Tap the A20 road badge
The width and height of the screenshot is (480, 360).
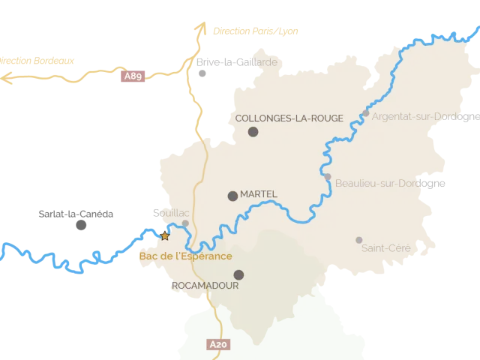point(217,345)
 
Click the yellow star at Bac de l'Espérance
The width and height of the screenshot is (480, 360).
point(165,235)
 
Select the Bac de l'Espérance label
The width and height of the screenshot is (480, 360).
point(185,256)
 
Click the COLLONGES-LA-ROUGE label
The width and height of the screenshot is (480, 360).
point(289,118)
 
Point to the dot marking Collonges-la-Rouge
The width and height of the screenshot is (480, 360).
point(253,132)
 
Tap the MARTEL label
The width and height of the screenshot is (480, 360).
point(259,194)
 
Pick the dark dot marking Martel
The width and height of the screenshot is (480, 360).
point(232,196)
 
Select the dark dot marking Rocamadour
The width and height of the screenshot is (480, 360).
point(238,274)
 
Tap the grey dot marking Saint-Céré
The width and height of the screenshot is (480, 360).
point(358,240)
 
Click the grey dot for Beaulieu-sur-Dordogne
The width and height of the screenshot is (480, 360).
point(328,177)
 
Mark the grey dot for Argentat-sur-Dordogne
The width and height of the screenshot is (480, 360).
point(365,114)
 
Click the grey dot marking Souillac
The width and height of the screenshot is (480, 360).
point(185,223)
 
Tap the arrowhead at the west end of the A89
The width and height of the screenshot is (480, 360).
point(6,75)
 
